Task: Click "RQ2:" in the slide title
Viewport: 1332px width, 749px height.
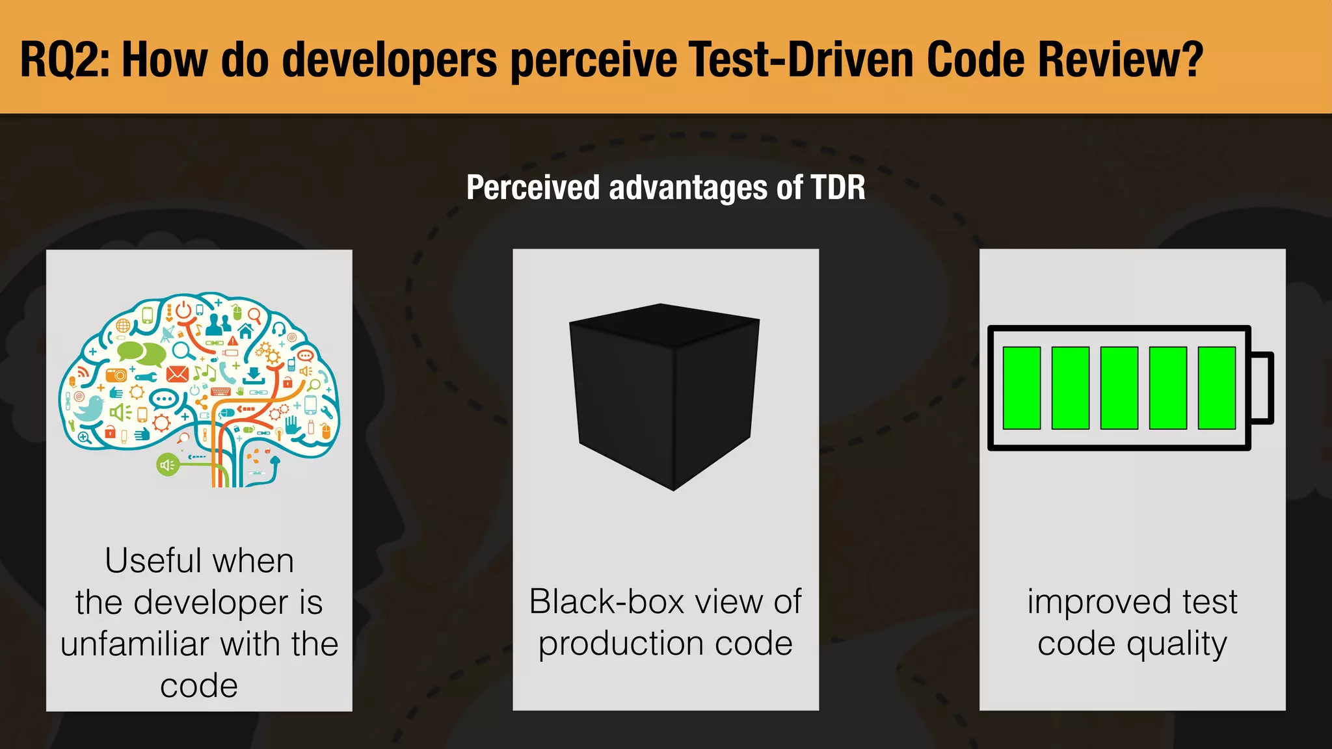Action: [x=64, y=59]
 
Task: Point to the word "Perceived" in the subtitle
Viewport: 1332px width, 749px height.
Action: [x=533, y=187]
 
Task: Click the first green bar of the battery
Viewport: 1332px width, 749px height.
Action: [x=1021, y=388]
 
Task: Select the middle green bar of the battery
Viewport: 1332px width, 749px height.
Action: [x=1119, y=388]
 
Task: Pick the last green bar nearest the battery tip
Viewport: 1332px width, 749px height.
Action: [x=1216, y=388]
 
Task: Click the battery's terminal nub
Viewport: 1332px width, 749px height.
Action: [x=1262, y=388]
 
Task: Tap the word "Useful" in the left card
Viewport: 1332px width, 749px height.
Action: [x=150, y=560]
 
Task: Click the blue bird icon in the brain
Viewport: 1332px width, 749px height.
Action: [x=88, y=408]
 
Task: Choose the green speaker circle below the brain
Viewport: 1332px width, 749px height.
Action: [x=167, y=464]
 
